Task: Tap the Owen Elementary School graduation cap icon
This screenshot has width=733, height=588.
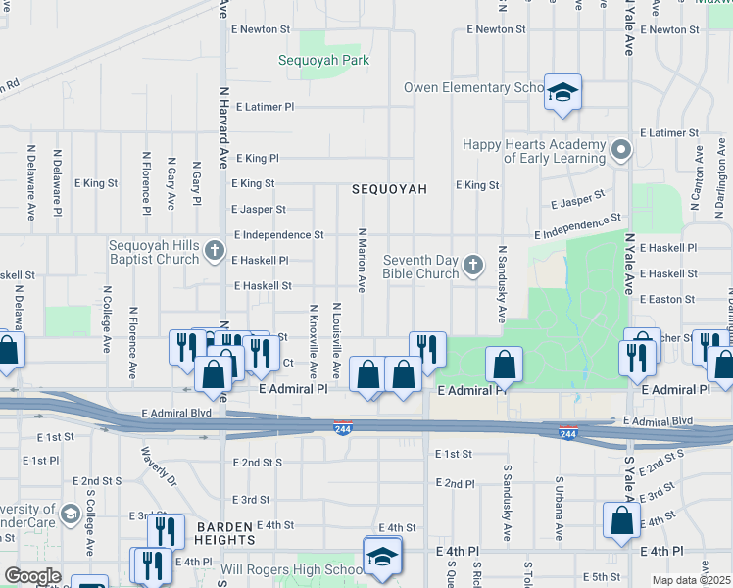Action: [x=562, y=92]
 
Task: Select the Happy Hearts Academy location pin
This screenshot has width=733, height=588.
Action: [x=620, y=151]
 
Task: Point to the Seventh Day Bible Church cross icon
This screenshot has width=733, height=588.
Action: [x=473, y=266]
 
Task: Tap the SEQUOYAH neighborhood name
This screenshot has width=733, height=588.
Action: [x=389, y=189]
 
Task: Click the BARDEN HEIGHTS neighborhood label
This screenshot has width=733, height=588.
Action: [x=225, y=533]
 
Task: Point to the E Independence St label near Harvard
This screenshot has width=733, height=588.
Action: [x=278, y=235]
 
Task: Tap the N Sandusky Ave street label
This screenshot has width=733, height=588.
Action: [x=501, y=285]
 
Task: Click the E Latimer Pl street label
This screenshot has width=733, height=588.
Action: [x=262, y=106]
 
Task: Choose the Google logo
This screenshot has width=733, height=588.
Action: [x=32, y=576]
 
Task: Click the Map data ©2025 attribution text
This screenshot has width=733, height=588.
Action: [x=691, y=580]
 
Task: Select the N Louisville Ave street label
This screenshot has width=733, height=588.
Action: [x=336, y=341]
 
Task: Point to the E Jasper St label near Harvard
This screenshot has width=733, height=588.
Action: [x=259, y=209]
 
